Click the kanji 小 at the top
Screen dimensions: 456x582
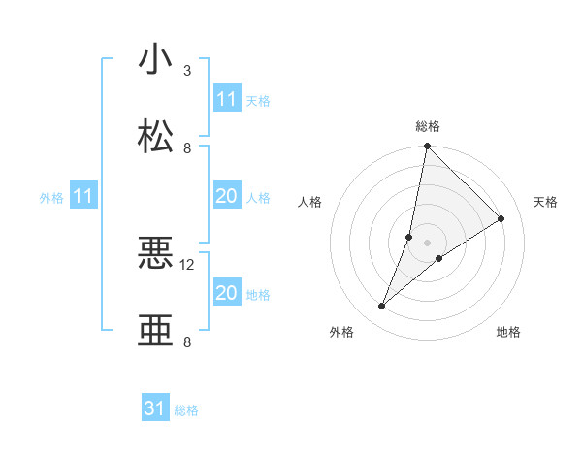click(156, 60)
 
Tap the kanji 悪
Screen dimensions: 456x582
click(156, 254)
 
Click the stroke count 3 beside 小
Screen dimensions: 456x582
click(187, 71)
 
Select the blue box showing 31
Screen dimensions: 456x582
click(155, 409)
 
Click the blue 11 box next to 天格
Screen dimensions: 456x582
click(226, 99)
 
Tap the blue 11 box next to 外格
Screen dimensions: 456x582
click(83, 197)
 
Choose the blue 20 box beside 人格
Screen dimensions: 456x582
click(226, 197)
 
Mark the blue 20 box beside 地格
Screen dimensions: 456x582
click(226, 293)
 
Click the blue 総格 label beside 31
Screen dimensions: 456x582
click(186, 410)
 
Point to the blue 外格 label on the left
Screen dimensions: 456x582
click(51, 198)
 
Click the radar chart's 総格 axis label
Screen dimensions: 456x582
click(428, 126)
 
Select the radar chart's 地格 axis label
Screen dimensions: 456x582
click(508, 332)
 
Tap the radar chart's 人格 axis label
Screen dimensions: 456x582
click(310, 202)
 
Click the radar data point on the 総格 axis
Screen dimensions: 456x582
click(427, 147)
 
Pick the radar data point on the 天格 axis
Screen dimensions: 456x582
click(501, 219)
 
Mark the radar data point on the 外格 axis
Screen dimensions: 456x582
click(382, 307)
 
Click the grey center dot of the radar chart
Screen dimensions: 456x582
click(427, 229)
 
